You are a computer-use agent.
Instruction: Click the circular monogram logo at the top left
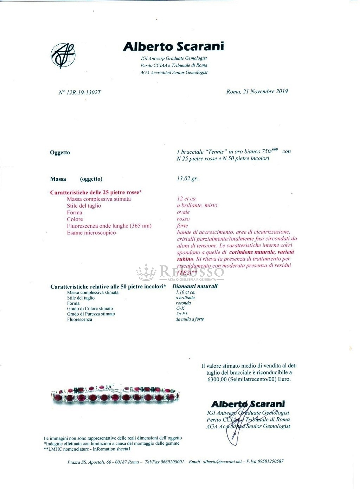tap(63, 56)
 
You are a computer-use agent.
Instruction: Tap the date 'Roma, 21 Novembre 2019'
tap(257, 91)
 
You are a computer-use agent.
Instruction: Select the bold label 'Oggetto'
tap(60, 153)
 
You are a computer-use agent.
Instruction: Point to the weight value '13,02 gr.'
tap(187, 179)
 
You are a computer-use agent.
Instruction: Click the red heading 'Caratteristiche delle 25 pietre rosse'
tap(96, 192)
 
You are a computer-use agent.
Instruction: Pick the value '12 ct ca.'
tap(187, 199)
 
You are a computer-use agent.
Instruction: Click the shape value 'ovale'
tap(183, 212)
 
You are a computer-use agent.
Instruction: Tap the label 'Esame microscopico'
tap(91, 232)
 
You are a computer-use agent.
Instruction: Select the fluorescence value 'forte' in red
tap(182, 225)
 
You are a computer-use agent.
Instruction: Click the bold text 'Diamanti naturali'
tap(195, 286)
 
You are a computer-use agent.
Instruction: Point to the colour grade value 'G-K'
tap(180, 308)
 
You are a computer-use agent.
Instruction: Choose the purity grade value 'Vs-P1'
tap(182, 314)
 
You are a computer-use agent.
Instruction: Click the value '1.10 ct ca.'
tap(186, 292)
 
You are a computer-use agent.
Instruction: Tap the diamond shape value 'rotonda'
tap(183, 303)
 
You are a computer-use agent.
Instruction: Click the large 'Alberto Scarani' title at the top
tap(174, 46)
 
